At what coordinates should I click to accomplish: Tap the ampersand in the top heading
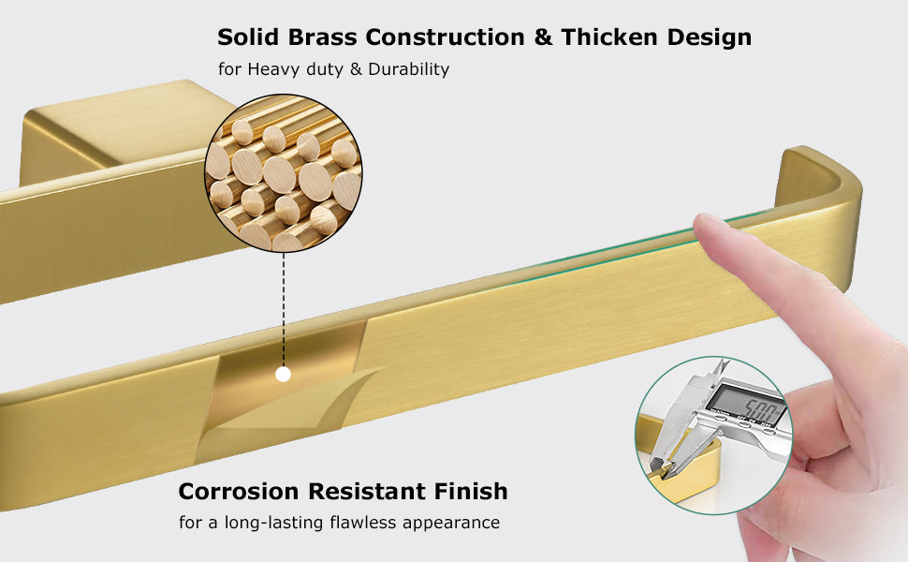543,37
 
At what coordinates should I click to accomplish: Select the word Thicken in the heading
609,37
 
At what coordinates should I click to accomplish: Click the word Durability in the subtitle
409,69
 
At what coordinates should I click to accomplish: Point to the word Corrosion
239,492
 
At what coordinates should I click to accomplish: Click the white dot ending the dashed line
284,375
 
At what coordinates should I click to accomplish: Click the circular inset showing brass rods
284,172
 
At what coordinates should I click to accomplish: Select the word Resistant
367,492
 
